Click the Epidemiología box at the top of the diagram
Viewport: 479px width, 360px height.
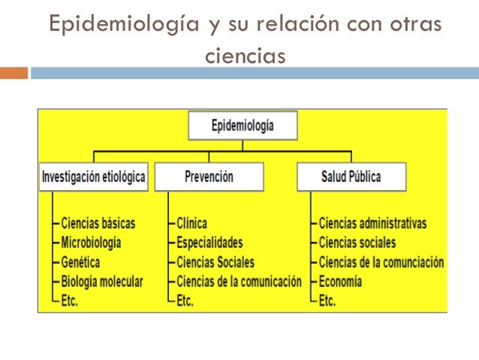coord(243,126)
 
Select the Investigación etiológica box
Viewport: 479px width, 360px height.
coord(94,177)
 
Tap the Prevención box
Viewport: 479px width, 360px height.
coord(209,177)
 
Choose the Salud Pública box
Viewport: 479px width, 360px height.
coord(351,177)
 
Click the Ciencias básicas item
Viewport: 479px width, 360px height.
coord(98,223)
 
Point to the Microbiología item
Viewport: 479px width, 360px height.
coord(91,243)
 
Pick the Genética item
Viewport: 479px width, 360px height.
coord(80,262)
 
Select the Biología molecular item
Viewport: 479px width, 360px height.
coord(101,282)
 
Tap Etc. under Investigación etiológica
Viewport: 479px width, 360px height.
coord(70,301)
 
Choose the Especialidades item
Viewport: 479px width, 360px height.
coord(209,243)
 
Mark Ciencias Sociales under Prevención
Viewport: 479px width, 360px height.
coord(215,262)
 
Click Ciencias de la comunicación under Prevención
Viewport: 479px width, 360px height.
coord(239,282)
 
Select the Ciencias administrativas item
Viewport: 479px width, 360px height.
coord(372,223)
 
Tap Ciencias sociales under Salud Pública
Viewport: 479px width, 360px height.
coord(357,243)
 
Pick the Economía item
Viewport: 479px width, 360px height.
coord(340,282)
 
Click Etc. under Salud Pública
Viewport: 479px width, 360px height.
coord(327,301)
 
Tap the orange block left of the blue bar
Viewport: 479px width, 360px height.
coord(14,74)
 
